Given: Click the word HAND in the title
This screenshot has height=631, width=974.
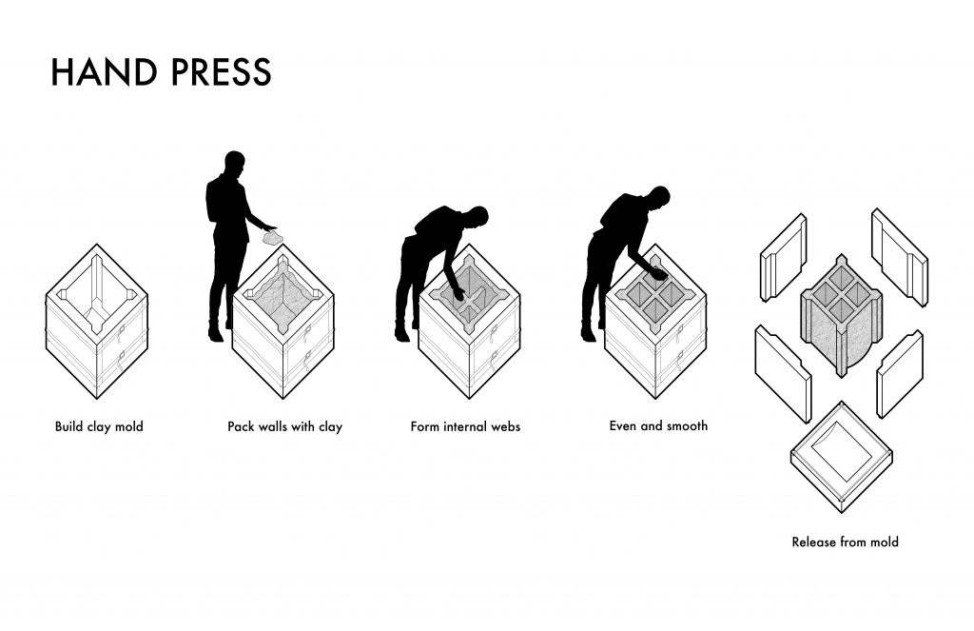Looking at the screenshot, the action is (104, 71).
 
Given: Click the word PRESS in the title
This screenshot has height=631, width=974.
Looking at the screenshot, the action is (221, 71).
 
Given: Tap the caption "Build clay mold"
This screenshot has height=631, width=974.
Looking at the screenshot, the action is (99, 426).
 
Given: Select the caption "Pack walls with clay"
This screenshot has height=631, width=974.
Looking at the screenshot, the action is (285, 426).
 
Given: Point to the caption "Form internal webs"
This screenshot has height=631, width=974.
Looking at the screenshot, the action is (465, 426).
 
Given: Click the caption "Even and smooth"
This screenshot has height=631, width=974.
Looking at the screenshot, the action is (658, 425).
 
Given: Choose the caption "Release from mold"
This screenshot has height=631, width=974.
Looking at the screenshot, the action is (846, 542).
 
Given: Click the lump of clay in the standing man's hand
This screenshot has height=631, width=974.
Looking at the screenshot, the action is (271, 238).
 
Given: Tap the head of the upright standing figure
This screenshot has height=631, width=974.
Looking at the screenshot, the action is (234, 163).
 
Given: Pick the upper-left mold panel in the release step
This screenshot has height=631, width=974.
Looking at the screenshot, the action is (784, 257).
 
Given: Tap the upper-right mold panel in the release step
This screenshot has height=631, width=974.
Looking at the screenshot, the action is (900, 257).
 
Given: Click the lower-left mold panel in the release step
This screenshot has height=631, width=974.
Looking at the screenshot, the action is (784, 374).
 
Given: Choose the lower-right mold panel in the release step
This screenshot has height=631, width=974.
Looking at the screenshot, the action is (900, 374).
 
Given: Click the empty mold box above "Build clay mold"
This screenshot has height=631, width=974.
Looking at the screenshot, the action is (97, 322).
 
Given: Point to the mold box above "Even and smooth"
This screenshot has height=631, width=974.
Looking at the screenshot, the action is (656, 322).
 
